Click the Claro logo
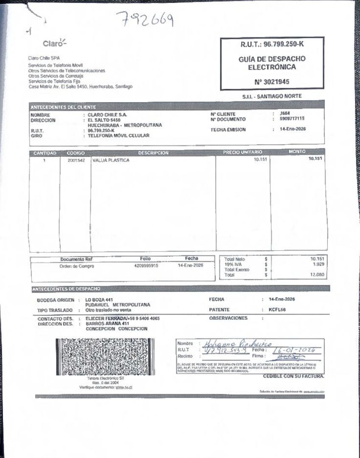click(x=54, y=43)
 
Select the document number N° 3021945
click(x=272, y=82)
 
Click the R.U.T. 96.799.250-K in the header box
click(x=272, y=44)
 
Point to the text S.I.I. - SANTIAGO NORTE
click(x=272, y=96)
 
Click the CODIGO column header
click(x=76, y=153)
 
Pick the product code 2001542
click(x=76, y=160)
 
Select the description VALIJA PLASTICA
click(x=111, y=160)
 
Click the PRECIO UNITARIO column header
click(x=242, y=152)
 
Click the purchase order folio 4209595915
click(x=143, y=266)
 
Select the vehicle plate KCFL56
click(x=277, y=310)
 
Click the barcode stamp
click(x=105, y=357)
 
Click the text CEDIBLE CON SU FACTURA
click(x=293, y=376)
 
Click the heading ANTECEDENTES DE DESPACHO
click(x=66, y=289)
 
